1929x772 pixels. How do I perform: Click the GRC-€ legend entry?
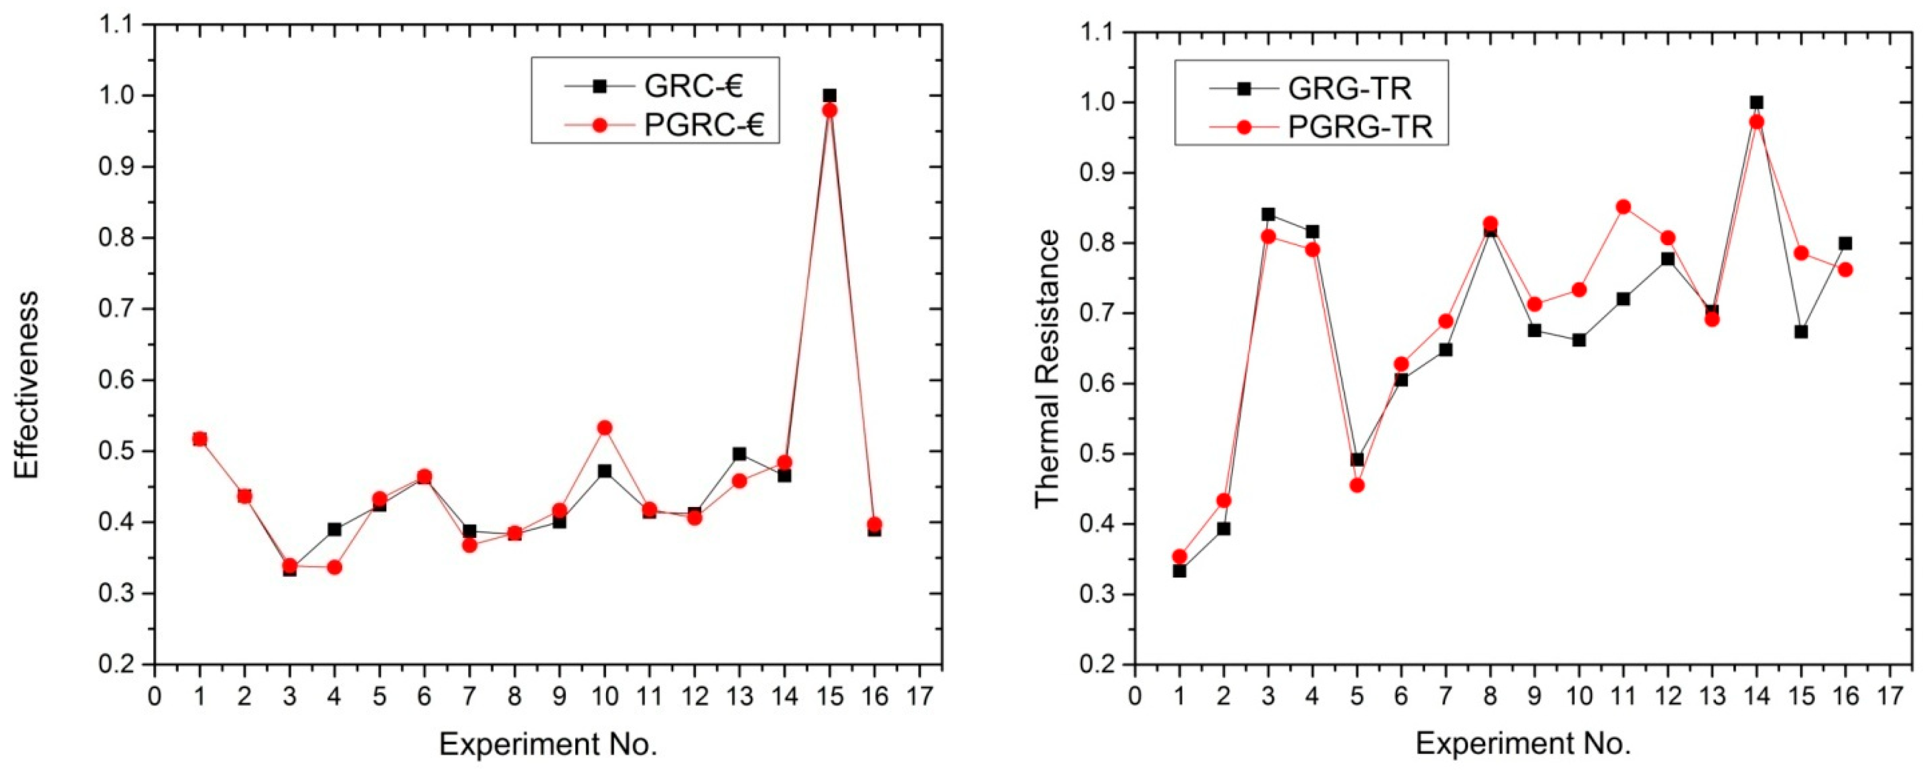point(655,86)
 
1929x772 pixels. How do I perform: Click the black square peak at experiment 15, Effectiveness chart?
point(829,96)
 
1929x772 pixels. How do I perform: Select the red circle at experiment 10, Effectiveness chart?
point(604,428)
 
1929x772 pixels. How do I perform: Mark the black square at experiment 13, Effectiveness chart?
point(739,454)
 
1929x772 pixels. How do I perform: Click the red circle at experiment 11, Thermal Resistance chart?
point(1624,207)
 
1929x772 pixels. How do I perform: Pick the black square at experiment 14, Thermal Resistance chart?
point(1756,103)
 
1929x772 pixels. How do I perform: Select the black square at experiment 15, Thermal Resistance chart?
point(1801,332)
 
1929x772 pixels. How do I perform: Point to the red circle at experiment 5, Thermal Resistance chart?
point(1357,485)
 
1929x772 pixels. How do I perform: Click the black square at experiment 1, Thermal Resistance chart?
point(1179,571)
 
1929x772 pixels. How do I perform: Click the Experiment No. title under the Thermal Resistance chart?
point(1522,744)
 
